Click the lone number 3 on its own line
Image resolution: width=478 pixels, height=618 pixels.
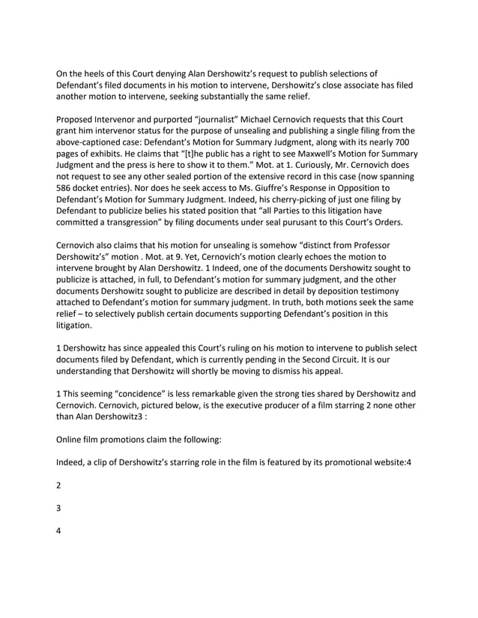pyautogui.click(x=60, y=508)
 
